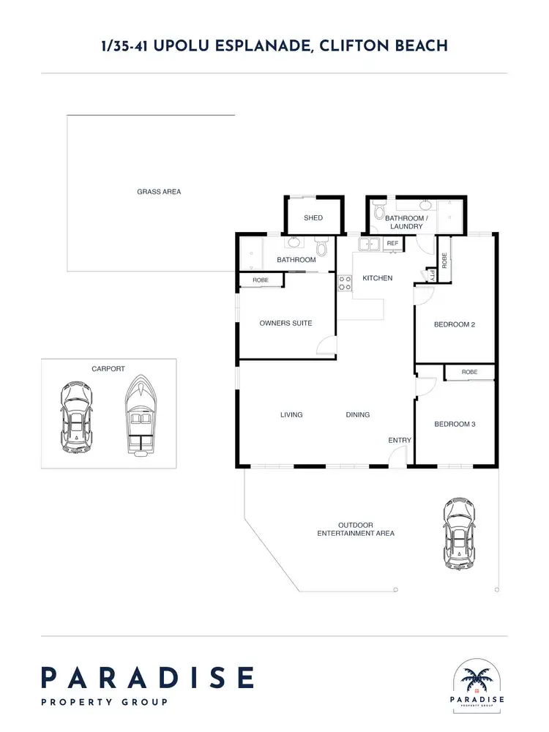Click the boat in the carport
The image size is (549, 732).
coord(139,415)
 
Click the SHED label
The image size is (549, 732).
coord(313,218)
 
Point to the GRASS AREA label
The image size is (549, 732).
coord(159,192)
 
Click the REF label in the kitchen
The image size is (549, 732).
coord(392,243)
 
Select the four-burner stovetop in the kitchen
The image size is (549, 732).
coord(345,283)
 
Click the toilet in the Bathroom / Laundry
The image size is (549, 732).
coord(378,212)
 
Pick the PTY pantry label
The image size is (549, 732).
coord(433,276)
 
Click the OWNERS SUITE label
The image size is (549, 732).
coord(285,323)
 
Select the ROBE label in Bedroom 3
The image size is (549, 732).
coord(469,372)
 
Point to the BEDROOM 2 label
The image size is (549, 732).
coord(455,324)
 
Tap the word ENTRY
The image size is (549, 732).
coord(400,440)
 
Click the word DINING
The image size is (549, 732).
coord(358,414)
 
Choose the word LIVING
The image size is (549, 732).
coord(291,414)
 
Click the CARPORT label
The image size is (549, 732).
coord(108,369)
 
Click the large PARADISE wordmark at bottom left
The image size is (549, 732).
coord(147,677)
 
